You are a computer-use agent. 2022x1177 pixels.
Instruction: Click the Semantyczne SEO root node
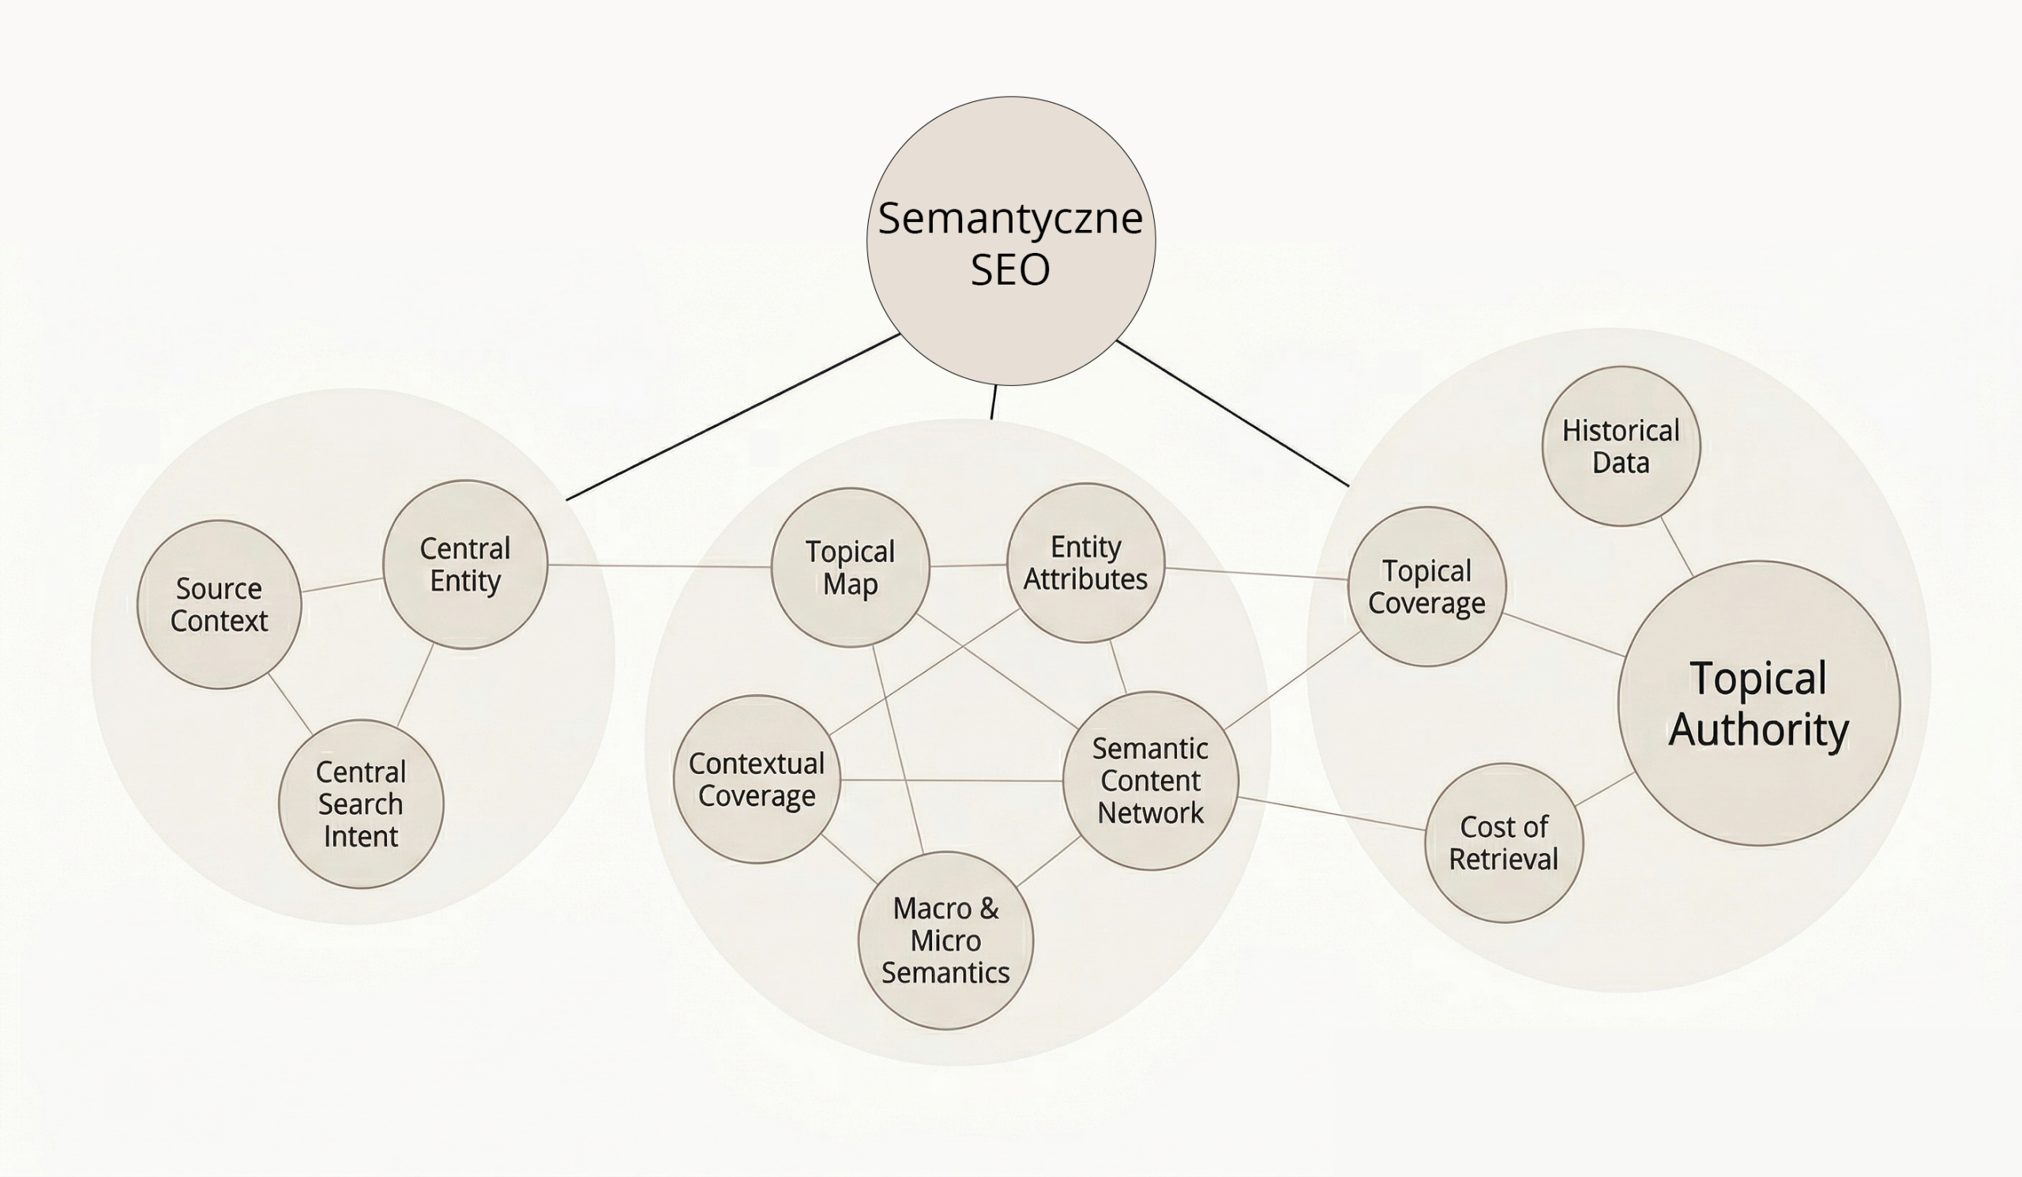point(1011,241)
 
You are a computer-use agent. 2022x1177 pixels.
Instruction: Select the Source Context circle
point(219,605)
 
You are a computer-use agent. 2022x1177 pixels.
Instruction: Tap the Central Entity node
point(465,564)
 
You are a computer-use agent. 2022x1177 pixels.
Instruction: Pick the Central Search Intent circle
point(361,804)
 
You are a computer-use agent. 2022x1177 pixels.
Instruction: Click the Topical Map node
point(851,568)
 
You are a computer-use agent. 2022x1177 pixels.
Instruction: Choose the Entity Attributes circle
point(1085,563)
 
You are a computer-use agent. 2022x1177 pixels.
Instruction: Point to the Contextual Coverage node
point(757,779)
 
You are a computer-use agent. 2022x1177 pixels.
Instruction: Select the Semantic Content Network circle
point(1151,780)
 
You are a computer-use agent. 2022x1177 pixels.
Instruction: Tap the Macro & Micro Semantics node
point(946,940)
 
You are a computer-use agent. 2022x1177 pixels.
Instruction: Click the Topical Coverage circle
point(1426,587)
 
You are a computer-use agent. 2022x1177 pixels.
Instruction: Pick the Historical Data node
point(1621,447)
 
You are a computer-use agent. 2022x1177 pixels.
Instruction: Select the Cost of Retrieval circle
point(1504,843)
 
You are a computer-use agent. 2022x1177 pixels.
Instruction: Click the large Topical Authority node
point(1759,704)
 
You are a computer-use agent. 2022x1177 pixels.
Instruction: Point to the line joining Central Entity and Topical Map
point(658,566)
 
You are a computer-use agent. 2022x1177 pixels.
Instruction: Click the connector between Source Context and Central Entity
point(343,584)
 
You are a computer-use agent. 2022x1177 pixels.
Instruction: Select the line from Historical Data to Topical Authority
point(1677,547)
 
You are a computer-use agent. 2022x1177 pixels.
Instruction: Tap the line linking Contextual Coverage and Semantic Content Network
point(951,779)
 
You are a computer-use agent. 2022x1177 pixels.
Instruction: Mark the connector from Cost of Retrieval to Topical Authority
point(1605,789)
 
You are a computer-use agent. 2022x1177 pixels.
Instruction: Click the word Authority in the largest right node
point(1759,729)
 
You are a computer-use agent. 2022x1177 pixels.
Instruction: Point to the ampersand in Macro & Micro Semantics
point(989,909)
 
